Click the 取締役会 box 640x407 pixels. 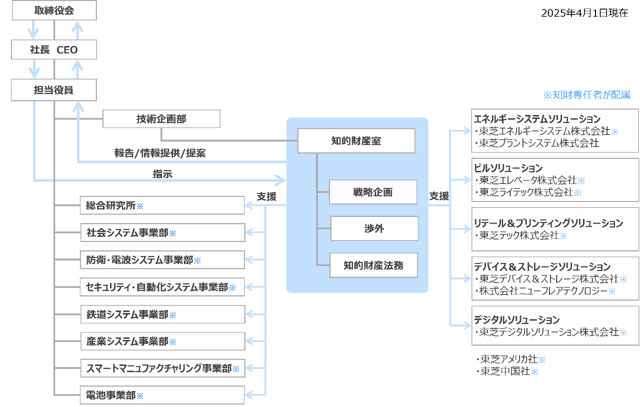[54, 10]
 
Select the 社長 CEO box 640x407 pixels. [54, 50]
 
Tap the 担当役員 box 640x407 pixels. [54, 90]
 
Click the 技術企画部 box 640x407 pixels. [161, 119]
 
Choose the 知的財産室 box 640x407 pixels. [356, 141]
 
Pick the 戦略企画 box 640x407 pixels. [372, 192]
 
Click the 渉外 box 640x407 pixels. [374, 228]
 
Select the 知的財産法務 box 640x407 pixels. [373, 265]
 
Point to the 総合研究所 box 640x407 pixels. [162, 205]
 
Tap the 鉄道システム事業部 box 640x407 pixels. [162, 314]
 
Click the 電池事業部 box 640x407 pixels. [162, 395]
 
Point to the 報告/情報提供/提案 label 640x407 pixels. [159, 153]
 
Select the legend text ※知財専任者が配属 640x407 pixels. [586, 95]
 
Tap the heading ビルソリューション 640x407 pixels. [508, 168]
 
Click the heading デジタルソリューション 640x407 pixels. [516, 319]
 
